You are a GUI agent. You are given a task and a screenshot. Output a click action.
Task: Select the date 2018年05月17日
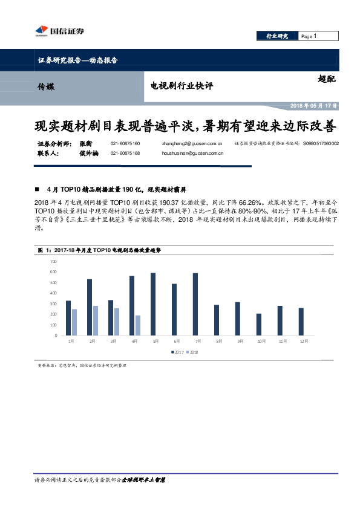tap(313, 105)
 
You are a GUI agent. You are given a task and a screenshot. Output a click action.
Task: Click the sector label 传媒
tap(45, 86)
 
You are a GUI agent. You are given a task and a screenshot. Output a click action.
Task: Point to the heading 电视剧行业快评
tap(182, 86)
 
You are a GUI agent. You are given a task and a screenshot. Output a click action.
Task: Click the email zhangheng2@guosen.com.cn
tap(192, 144)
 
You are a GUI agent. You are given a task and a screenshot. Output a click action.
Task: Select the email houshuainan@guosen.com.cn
tap(193, 154)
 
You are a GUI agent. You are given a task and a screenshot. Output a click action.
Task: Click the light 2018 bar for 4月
tap(137, 325)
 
